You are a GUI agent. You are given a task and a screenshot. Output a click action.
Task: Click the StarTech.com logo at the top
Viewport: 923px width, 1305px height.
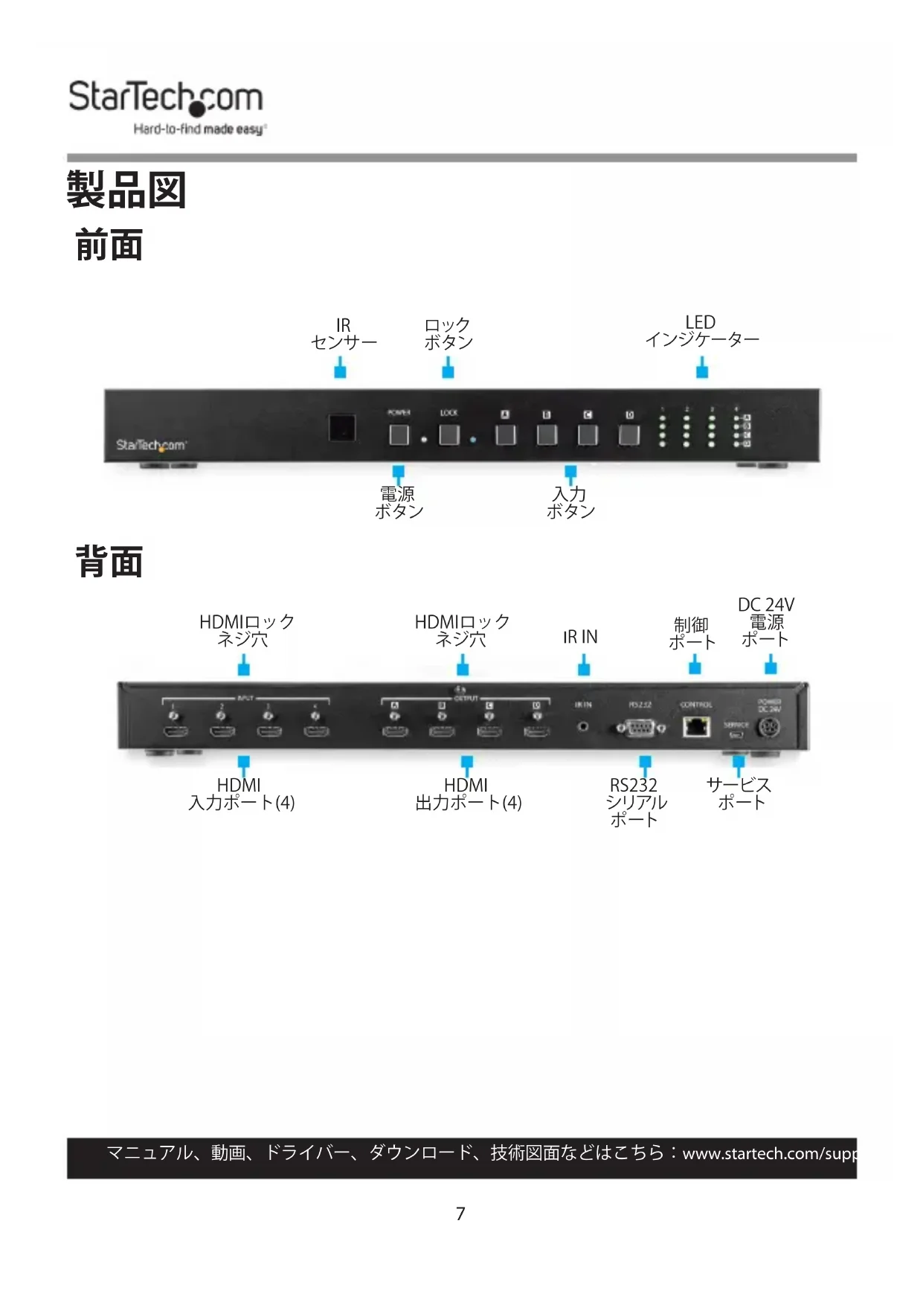[x=166, y=106]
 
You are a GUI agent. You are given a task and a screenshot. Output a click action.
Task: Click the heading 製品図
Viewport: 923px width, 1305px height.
[x=126, y=190]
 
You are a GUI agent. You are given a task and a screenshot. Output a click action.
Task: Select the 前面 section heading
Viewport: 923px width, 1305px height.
[x=109, y=246]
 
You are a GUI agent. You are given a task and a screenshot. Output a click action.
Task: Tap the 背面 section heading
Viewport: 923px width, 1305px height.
[x=109, y=562]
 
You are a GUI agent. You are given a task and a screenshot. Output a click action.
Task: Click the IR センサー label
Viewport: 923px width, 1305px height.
[x=343, y=334]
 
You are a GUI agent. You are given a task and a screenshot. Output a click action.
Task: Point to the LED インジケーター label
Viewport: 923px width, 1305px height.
[x=701, y=331]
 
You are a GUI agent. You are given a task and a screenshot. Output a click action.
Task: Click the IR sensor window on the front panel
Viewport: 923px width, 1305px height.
[x=342, y=429]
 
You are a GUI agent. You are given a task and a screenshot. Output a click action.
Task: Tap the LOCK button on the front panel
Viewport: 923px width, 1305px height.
[x=448, y=434]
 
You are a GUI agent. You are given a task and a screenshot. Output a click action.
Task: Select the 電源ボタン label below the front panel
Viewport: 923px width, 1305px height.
[x=399, y=503]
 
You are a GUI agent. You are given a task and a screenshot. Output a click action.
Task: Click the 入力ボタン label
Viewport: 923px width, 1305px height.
[x=570, y=503]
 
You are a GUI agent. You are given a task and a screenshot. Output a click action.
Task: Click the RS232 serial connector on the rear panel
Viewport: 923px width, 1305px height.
[x=640, y=728]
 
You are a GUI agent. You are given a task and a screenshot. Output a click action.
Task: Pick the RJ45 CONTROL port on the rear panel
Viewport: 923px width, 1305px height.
[x=695, y=726]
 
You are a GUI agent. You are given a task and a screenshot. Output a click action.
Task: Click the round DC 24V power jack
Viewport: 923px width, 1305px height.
[x=768, y=728]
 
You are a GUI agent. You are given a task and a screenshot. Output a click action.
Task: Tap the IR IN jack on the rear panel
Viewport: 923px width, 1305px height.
[x=582, y=726]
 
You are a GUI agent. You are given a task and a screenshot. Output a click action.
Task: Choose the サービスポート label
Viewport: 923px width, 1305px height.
[x=739, y=794]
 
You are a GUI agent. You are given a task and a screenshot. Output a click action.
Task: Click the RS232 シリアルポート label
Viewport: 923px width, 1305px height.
[x=635, y=802]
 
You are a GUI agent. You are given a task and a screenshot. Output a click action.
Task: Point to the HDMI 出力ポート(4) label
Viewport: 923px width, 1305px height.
[x=468, y=794]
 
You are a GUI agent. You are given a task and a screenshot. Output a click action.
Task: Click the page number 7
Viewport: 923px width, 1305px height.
[x=460, y=1213]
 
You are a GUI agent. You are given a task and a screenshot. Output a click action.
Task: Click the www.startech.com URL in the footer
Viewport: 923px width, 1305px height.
[x=769, y=1154]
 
